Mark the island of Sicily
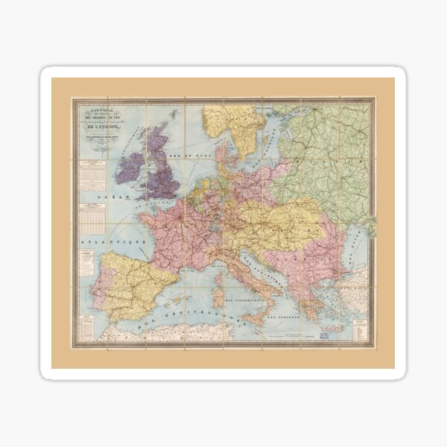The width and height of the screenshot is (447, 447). coord(258,319)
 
